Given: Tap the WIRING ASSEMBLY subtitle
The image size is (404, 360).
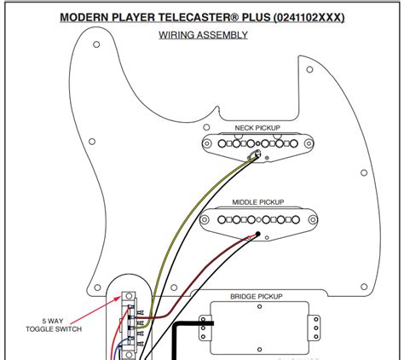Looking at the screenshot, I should (203, 35).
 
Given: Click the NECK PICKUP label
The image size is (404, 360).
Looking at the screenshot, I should (257, 128).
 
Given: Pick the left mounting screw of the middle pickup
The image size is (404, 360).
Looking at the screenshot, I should (207, 221).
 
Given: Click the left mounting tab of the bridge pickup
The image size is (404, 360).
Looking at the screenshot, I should (204, 325).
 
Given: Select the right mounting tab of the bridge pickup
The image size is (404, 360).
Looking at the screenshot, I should (315, 325).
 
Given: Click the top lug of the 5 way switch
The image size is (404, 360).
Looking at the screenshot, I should (130, 297).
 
